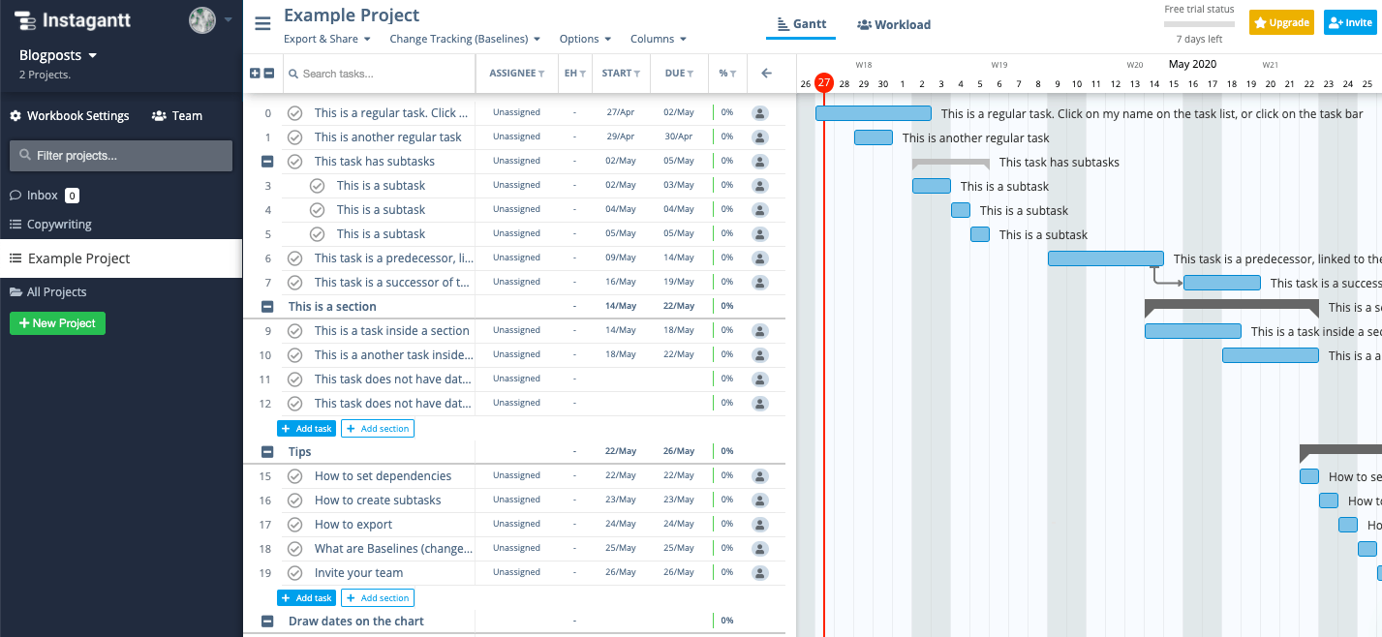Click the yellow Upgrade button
coord(1281,23)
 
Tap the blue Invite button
coord(1350,23)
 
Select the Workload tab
coord(894,24)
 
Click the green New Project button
coord(57,323)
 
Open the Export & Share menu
coord(327,39)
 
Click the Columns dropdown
coord(659,39)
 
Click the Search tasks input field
coord(379,74)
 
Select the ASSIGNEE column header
coord(516,74)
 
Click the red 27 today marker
coord(823,82)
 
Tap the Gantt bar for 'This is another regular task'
coord(873,137)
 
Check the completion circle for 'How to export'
coord(295,525)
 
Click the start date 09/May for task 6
coord(620,258)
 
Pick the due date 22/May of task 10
coord(679,354)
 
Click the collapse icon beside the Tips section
coord(267,452)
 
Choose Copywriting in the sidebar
coord(59,225)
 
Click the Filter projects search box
coord(121,156)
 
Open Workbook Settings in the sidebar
coord(70,116)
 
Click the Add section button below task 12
coord(378,429)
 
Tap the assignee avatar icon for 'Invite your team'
coord(760,573)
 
